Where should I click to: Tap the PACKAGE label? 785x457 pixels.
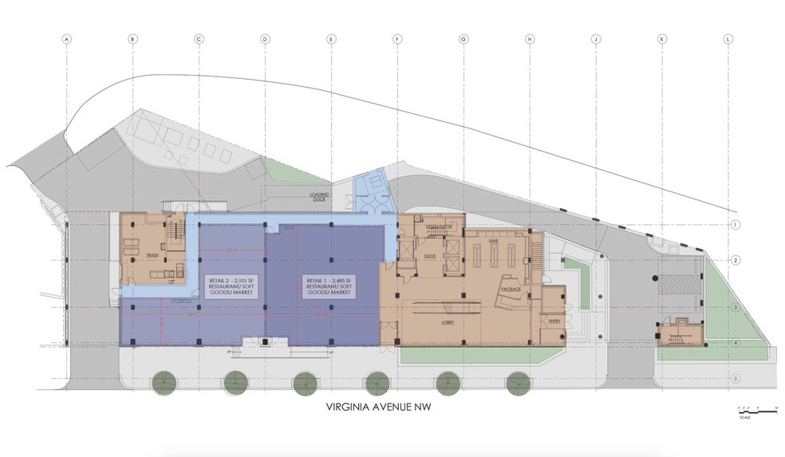(511, 288)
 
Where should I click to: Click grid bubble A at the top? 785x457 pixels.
(67, 38)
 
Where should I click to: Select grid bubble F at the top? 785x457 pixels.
(396, 38)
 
